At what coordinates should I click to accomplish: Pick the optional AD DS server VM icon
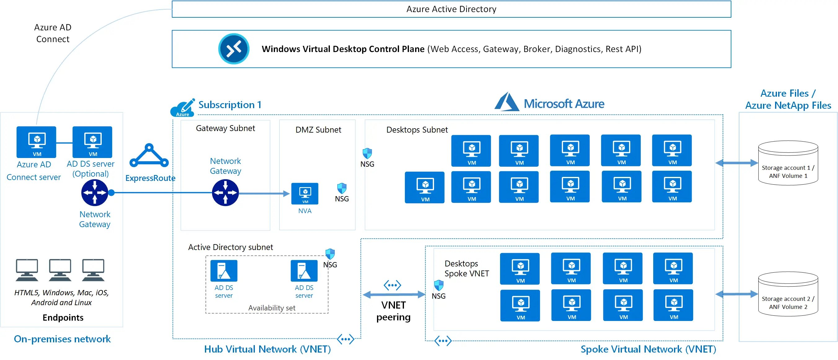coord(92,142)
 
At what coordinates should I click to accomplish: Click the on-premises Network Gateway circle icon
coord(95,192)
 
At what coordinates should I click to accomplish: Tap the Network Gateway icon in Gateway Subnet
coord(225,192)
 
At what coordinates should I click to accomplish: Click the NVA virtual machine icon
coord(304,194)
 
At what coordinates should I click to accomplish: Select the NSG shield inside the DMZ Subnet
coord(342,188)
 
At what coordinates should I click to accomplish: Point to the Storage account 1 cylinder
coord(787,163)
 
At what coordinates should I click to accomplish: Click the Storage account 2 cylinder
coord(787,294)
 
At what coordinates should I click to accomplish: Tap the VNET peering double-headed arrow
coord(393,295)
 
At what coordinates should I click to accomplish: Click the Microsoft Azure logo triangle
coord(506,102)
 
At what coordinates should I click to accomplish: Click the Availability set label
coord(272,308)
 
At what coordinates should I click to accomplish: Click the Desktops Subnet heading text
coord(417,130)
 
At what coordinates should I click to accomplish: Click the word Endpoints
coord(63,317)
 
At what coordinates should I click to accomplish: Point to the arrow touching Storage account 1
coord(737,163)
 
